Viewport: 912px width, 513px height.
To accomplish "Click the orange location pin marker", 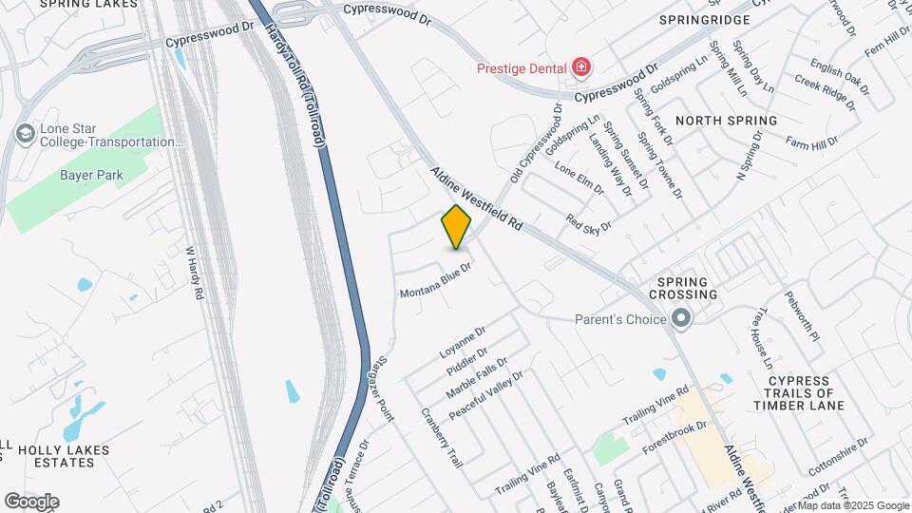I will click(457, 226).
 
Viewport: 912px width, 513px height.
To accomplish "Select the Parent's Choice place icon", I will click(680, 319).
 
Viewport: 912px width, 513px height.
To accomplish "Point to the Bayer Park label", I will click(92, 175).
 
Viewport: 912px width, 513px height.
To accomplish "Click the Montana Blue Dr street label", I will click(436, 281).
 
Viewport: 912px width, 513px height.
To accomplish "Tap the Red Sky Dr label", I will click(588, 223).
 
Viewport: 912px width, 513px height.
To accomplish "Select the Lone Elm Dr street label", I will click(579, 178).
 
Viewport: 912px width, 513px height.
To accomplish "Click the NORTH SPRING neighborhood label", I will click(726, 121).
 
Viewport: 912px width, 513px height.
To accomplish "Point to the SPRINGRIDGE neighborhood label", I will click(705, 19).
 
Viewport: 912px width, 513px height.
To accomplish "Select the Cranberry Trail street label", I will click(442, 437).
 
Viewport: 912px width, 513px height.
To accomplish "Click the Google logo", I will click(31, 502).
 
